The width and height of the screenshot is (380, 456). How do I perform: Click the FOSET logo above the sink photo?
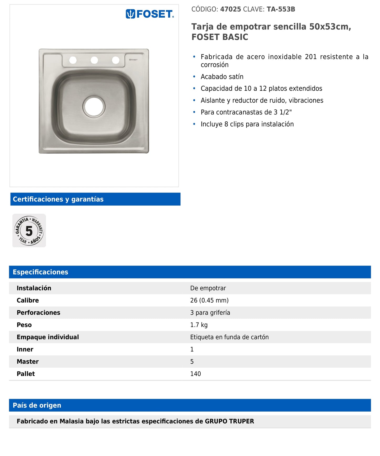tap(150, 14)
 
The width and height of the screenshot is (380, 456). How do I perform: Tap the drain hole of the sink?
tap(94, 106)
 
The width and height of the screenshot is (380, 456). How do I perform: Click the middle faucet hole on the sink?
tap(94, 60)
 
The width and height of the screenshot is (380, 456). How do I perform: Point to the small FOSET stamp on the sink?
tap(133, 60)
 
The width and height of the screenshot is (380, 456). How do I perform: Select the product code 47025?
tap(230, 9)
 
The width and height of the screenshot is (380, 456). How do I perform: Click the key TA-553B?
tap(281, 9)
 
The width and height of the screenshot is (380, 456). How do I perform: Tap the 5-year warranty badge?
tap(29, 231)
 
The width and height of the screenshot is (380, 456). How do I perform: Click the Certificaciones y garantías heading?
tap(58, 199)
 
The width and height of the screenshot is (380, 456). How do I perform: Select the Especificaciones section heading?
tap(40, 272)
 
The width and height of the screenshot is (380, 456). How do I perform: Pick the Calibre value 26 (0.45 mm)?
tap(209, 300)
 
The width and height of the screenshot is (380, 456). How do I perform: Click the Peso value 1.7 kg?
tap(199, 325)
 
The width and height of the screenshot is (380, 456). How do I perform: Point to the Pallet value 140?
tap(195, 374)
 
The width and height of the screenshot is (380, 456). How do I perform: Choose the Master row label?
tap(28, 362)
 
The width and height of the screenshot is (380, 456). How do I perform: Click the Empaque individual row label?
tap(48, 337)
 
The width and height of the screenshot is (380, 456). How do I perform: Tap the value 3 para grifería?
tap(210, 313)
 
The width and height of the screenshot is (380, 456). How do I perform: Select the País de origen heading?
tap(37, 405)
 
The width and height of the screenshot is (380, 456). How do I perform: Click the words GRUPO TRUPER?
tap(229, 421)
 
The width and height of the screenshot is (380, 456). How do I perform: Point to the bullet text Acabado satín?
tap(222, 77)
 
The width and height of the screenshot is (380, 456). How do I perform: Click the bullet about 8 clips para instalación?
tap(247, 124)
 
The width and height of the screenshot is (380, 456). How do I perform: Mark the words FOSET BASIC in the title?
tap(220, 37)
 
